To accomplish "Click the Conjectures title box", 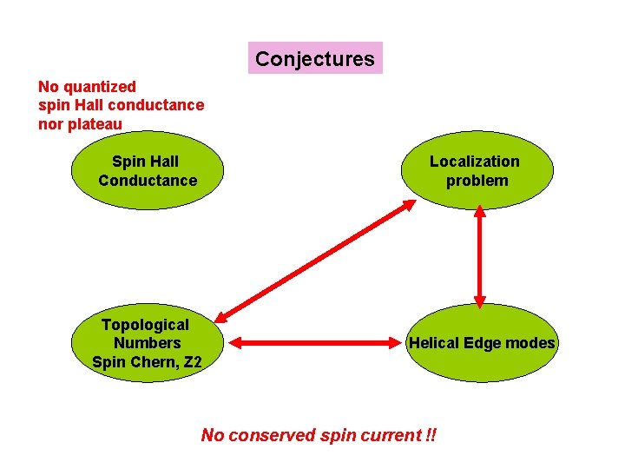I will tap(315, 59).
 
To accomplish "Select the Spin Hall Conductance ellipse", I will tap(148, 171).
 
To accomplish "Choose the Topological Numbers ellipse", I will tap(147, 342).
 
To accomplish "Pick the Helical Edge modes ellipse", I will tap(481, 343).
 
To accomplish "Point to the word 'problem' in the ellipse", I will tap(477, 181).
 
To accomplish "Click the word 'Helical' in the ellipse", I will tap(436, 343).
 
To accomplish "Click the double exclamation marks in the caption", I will tap(431, 435).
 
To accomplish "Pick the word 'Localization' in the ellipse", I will tap(475, 162).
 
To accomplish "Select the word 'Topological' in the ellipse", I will tap(145, 324).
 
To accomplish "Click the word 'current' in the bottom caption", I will tap(391, 435).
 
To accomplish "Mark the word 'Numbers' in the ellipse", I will tap(147, 343).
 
